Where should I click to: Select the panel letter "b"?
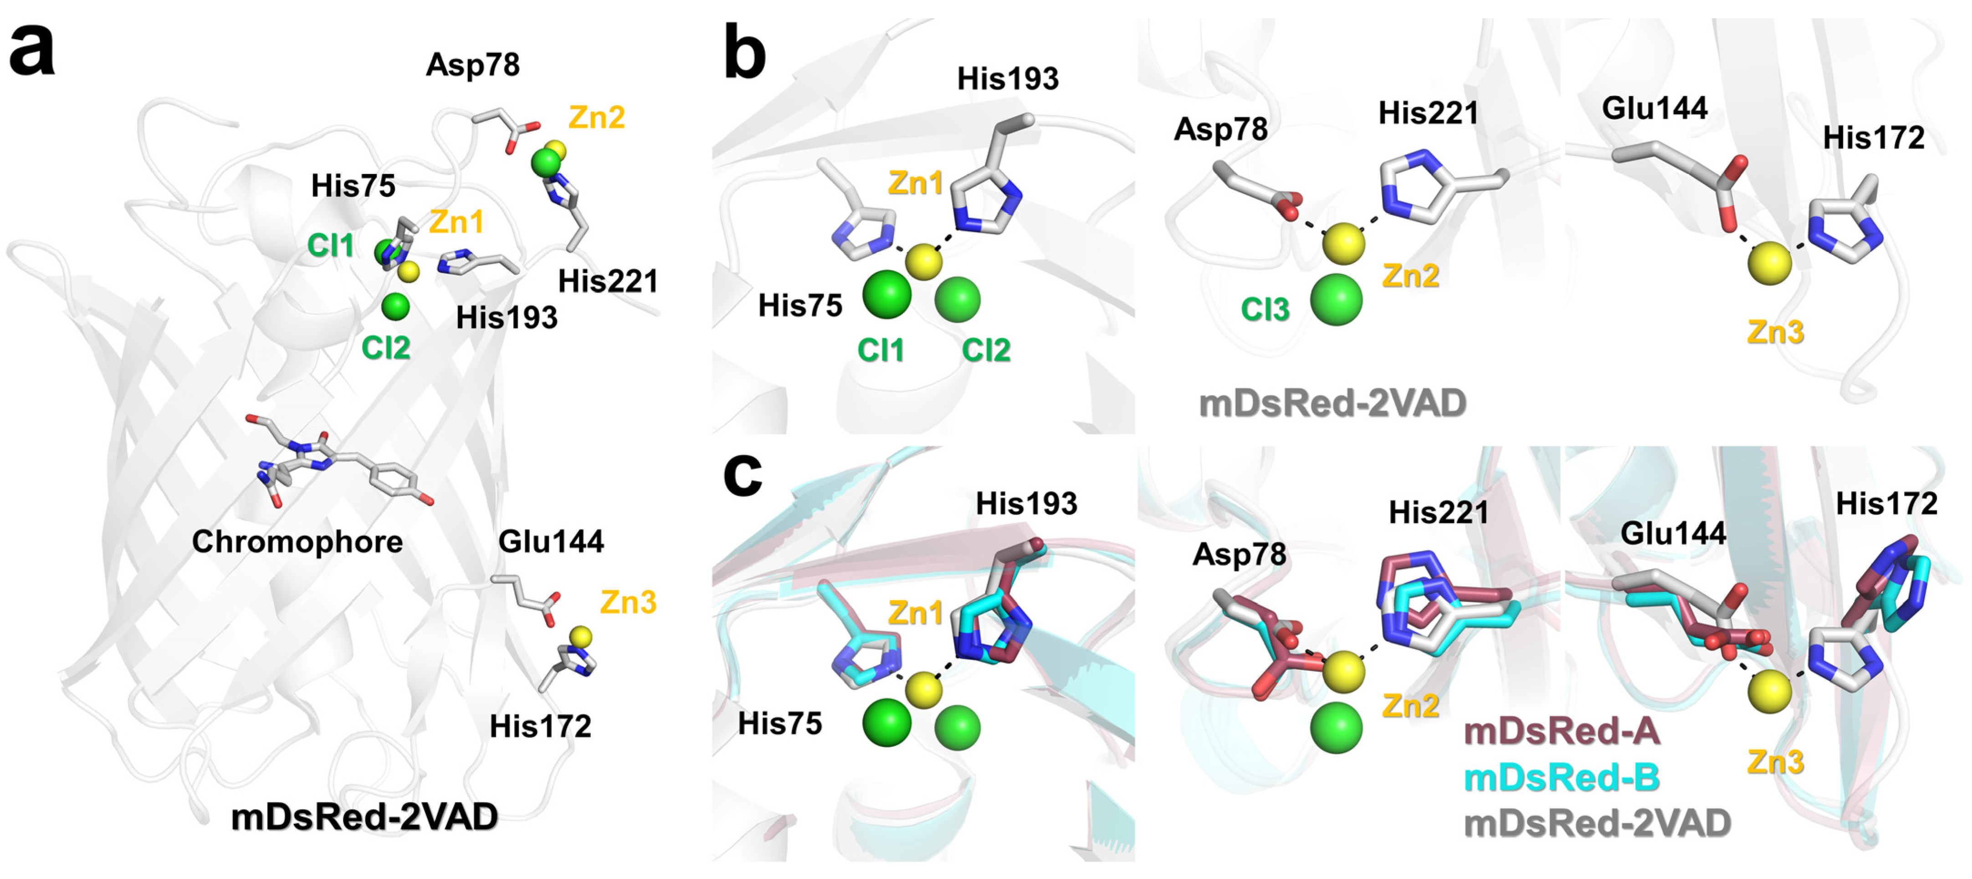point(743,52)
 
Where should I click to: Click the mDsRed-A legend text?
point(1561,731)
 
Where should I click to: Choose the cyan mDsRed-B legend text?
point(1561,778)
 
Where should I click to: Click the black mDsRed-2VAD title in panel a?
point(364,817)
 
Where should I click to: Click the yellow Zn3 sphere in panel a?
point(581,636)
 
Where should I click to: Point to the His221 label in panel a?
point(608,281)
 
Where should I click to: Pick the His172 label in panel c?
point(1886,504)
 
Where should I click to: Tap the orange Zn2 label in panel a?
point(596,117)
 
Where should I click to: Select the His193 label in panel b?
point(1008,78)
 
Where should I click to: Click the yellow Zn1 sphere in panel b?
point(924,262)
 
